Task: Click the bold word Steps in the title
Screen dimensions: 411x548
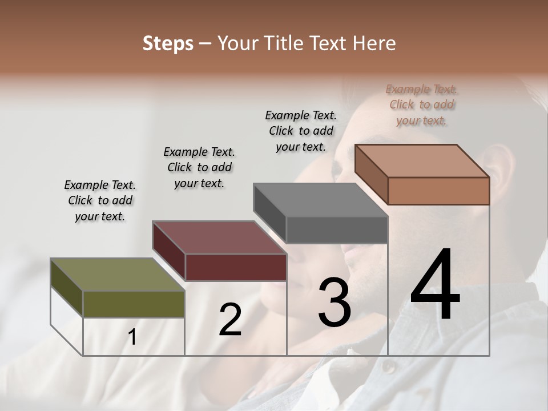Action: click(167, 43)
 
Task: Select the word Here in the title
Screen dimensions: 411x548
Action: click(374, 43)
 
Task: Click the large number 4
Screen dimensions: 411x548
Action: click(435, 285)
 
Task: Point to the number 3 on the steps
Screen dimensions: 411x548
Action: click(335, 302)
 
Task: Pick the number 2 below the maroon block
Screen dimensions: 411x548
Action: click(230, 320)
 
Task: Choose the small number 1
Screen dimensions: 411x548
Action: click(132, 337)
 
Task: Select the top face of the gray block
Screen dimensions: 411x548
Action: click(320, 200)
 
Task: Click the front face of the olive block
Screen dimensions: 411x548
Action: click(134, 304)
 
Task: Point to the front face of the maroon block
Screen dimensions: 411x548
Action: click(236, 267)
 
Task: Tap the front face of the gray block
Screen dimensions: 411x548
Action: click(337, 230)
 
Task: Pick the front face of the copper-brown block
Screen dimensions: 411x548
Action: click(438, 191)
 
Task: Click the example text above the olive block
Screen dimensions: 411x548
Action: click(100, 200)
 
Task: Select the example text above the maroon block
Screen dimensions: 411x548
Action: click(199, 167)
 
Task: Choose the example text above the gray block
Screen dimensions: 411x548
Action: click(301, 131)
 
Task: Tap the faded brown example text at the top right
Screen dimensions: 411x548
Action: click(422, 104)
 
